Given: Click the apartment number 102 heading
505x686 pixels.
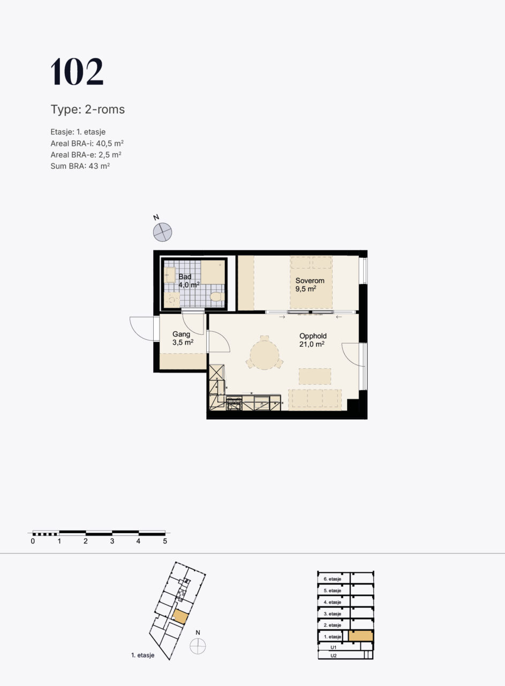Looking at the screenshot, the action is click(77, 71).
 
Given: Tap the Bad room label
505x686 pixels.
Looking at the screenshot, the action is click(185, 277).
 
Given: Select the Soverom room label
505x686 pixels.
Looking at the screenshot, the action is click(310, 280).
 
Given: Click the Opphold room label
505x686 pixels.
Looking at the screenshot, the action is click(313, 336).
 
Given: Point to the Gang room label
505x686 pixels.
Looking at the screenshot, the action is click(181, 334).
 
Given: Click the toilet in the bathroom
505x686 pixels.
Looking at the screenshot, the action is click(217, 297).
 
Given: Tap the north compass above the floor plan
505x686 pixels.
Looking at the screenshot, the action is click(162, 232).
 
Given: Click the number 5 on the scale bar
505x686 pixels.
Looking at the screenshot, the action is click(165, 541).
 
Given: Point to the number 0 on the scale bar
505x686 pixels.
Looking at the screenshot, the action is click(33, 541).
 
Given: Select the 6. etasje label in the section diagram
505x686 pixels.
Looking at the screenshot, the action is click(333, 579).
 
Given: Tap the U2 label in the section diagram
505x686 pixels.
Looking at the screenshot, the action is click(334, 655).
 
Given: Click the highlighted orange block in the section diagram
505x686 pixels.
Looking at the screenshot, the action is click(361, 636).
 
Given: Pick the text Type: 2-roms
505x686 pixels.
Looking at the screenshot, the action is click(88, 109).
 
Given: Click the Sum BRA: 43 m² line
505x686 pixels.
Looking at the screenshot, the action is click(80, 166).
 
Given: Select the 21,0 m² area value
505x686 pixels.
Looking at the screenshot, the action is click(312, 344).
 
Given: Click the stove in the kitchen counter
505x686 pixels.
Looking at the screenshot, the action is click(234, 403).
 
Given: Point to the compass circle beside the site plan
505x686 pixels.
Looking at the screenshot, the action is click(198, 646).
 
